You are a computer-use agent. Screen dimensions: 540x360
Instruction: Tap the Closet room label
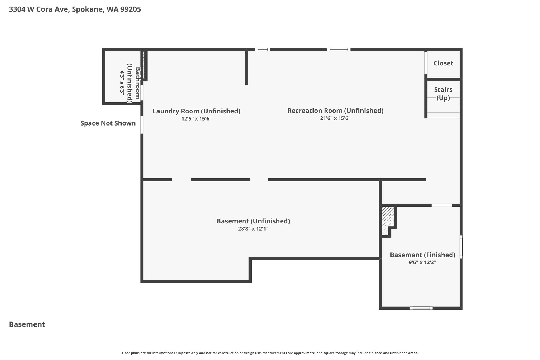click(443, 63)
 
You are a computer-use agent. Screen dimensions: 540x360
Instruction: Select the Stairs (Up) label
click(443, 94)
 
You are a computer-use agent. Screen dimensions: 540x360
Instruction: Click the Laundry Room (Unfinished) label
click(196, 111)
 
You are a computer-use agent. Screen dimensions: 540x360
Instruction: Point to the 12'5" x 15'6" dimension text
click(196, 119)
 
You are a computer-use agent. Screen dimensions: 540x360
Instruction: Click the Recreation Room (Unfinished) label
click(335, 111)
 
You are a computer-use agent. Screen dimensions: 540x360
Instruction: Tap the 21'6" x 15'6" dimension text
click(335, 118)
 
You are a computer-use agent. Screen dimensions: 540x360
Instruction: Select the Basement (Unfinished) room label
click(253, 221)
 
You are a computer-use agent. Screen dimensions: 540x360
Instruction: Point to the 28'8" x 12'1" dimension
click(253, 229)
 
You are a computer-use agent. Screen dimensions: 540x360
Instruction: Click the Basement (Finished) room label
click(423, 255)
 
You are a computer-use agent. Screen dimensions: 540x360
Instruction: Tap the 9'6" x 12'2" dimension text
click(423, 262)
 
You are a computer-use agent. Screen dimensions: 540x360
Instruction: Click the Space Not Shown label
click(108, 123)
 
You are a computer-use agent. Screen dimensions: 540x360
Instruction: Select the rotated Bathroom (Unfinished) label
click(133, 83)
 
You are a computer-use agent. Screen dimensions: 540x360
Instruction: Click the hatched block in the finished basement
click(388, 220)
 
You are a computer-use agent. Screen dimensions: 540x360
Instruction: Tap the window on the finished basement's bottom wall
click(421, 308)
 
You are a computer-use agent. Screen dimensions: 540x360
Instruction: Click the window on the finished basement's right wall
click(461, 247)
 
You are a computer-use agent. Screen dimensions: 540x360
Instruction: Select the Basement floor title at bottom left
click(27, 324)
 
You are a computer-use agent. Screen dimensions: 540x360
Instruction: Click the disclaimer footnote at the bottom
click(270, 353)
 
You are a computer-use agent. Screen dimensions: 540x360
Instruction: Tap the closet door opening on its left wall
click(426, 63)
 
